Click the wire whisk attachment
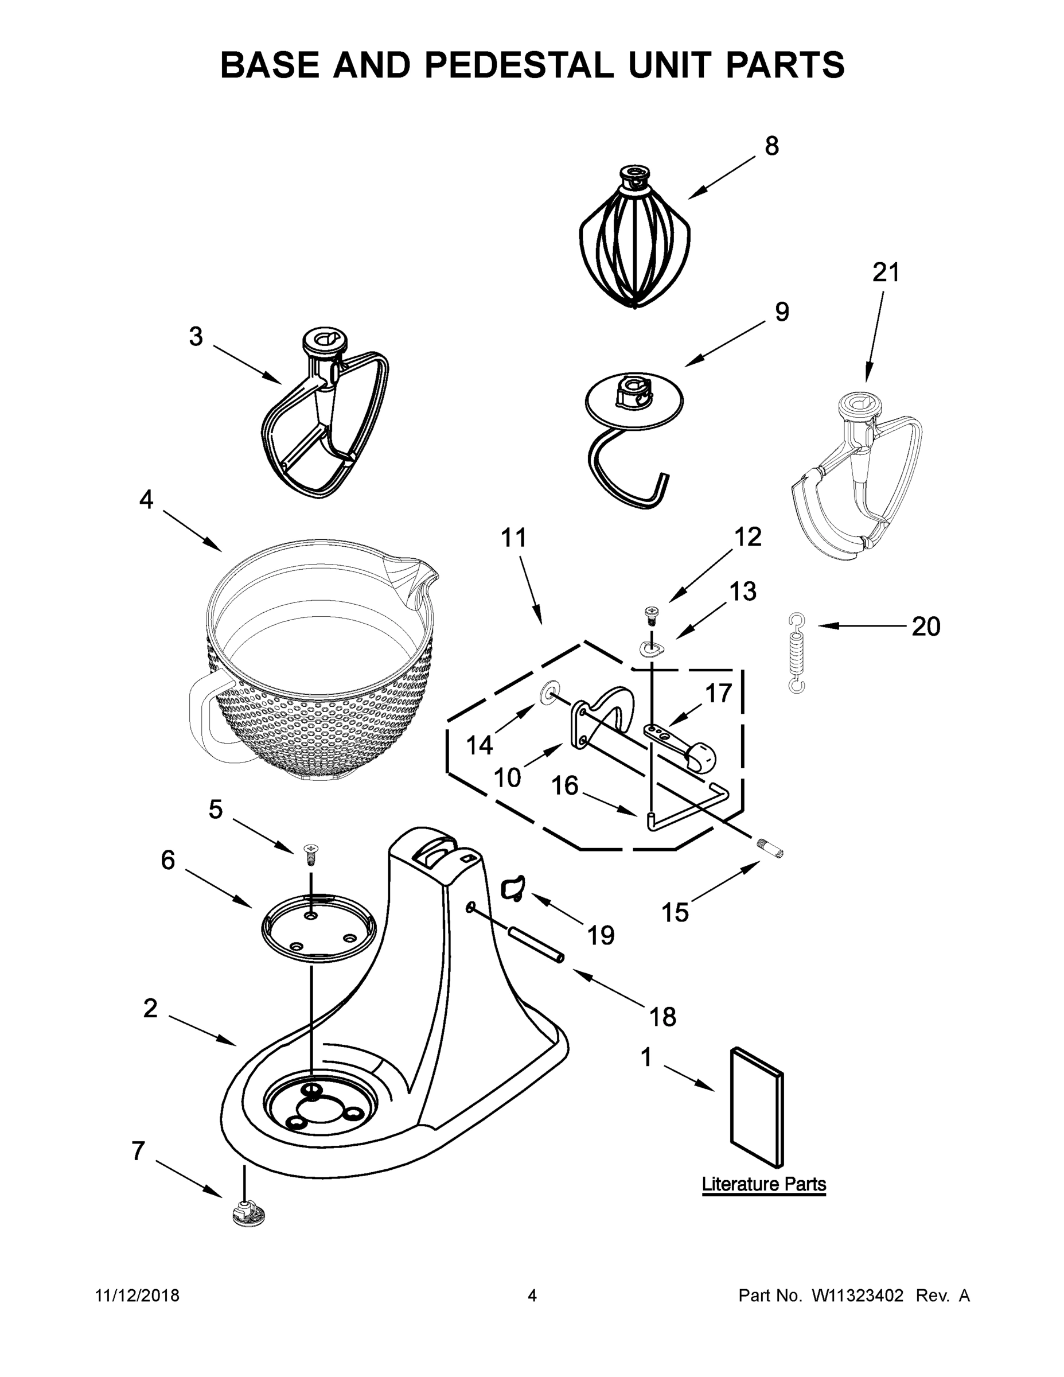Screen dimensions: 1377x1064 [x=634, y=246]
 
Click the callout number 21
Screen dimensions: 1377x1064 [x=886, y=273]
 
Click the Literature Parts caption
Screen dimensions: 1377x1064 [x=763, y=1184]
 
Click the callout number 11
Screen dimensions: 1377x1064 [x=513, y=538]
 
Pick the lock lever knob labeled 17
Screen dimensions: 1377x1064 [x=700, y=757]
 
